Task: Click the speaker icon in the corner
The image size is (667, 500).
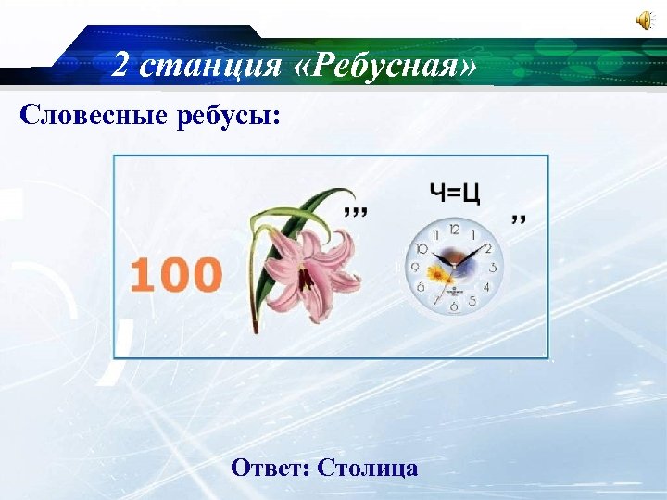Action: click(x=642, y=21)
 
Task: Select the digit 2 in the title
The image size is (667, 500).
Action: click(x=120, y=65)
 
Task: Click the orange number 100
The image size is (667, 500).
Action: click(x=176, y=275)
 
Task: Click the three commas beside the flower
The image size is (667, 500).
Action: click(x=355, y=212)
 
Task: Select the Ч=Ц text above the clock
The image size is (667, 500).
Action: click(x=455, y=194)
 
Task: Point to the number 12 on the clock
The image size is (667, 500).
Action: click(x=454, y=228)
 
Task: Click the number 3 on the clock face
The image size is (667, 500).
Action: click(x=492, y=268)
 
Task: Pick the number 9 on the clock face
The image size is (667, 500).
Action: click(x=415, y=268)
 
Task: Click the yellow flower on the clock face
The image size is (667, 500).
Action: click(x=438, y=275)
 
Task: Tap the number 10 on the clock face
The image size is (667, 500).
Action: click(x=422, y=248)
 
